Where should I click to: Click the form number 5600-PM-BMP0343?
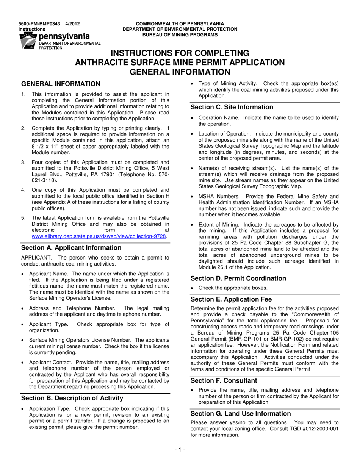coord(39,24)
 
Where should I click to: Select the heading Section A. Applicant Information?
coord(71,248)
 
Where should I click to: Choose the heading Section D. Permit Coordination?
coord(238,278)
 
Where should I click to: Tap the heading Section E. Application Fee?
coord(231,299)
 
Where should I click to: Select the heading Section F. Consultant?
coord(224,380)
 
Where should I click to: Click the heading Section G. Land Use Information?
coord(241,414)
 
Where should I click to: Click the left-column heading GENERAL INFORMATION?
coord(61,84)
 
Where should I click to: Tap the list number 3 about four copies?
coord(23,162)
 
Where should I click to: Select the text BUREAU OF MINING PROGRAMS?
coord(180,35)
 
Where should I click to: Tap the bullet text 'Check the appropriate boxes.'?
coord(233,288)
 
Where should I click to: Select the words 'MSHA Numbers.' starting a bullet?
coord(219,196)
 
